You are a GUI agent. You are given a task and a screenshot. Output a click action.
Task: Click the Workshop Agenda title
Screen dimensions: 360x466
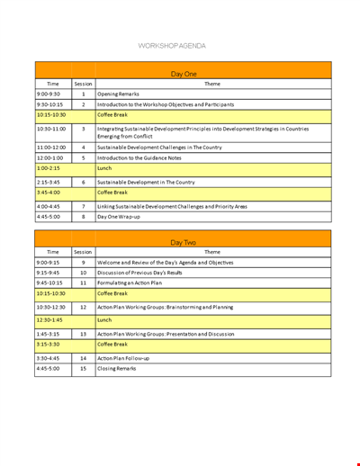(172, 45)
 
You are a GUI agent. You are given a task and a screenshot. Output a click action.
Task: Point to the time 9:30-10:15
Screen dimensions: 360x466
(52, 104)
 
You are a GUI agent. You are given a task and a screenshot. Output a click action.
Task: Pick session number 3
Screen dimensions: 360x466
(83, 130)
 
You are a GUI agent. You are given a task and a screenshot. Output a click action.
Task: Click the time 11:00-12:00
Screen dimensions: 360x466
(52, 147)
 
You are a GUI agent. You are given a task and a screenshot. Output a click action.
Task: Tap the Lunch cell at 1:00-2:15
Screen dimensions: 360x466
(104, 168)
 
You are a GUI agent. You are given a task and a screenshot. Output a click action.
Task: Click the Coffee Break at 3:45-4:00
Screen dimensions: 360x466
(112, 193)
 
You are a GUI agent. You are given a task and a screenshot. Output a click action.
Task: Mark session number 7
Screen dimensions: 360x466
(83, 206)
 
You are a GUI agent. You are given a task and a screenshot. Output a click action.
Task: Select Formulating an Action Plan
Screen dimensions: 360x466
(131, 283)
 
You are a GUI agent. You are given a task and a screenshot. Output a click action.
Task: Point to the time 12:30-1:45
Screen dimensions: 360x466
(52, 319)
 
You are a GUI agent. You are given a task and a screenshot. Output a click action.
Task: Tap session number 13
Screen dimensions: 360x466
(83, 333)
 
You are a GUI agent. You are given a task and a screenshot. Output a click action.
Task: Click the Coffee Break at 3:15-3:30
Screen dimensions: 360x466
(112, 344)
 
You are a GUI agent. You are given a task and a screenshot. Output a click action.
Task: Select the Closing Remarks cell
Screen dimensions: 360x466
(117, 369)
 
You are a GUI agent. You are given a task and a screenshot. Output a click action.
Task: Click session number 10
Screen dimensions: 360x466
(83, 273)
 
